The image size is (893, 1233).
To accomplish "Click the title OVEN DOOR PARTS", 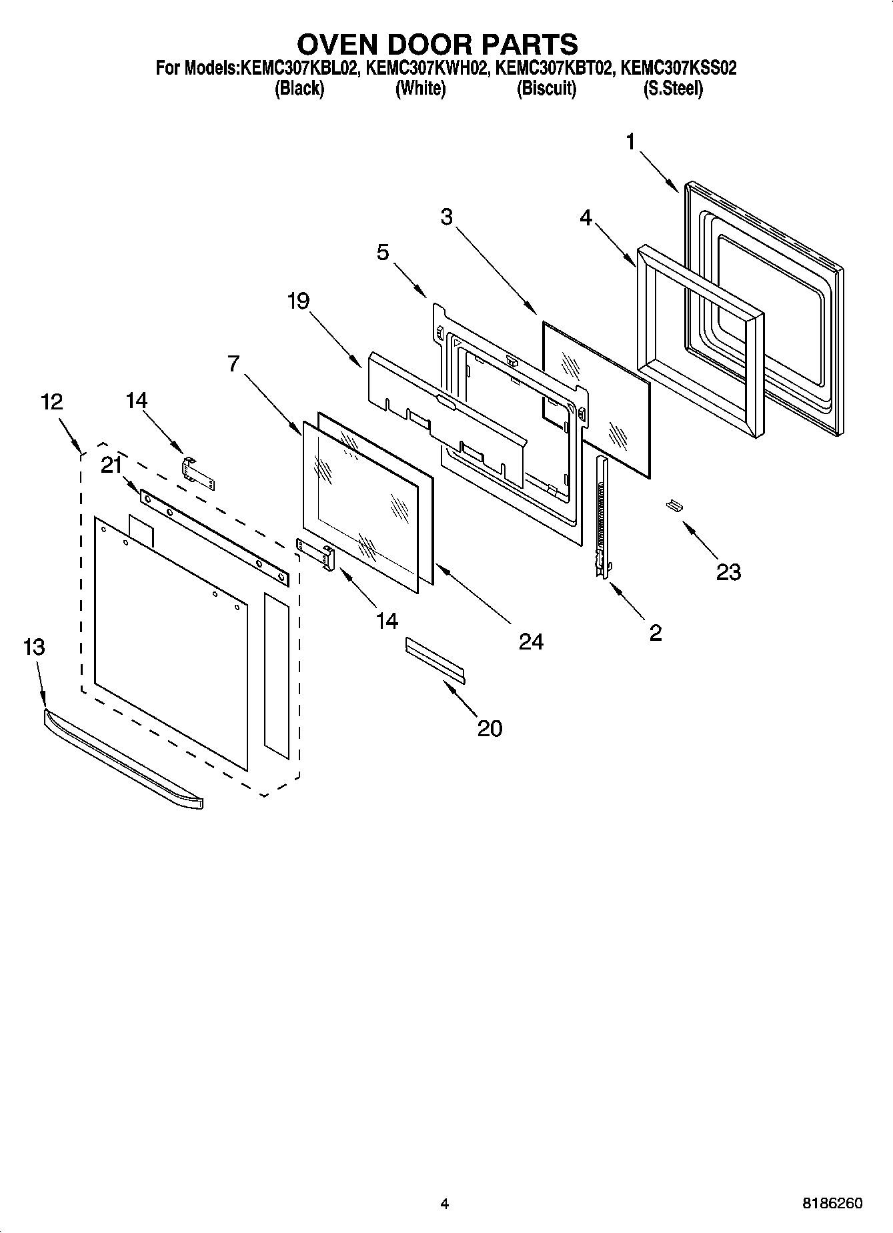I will (437, 44).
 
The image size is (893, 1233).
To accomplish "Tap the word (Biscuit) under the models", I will (546, 88).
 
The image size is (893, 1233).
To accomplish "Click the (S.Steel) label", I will (672, 88).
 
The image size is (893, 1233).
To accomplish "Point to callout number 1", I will (630, 141).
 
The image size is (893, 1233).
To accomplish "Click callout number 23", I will (728, 571).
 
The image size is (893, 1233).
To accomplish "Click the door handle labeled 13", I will (123, 760).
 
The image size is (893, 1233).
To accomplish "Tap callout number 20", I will (490, 728).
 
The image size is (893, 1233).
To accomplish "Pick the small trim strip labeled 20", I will (435, 660).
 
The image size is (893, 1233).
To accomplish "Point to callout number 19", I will (298, 301).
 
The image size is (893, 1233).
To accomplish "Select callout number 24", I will (532, 641).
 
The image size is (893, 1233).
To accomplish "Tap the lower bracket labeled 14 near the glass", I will (316, 553).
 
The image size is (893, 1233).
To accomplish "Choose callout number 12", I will (51, 401).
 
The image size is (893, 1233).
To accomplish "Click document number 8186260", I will (832, 1204).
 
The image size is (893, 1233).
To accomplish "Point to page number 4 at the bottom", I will (445, 1204).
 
